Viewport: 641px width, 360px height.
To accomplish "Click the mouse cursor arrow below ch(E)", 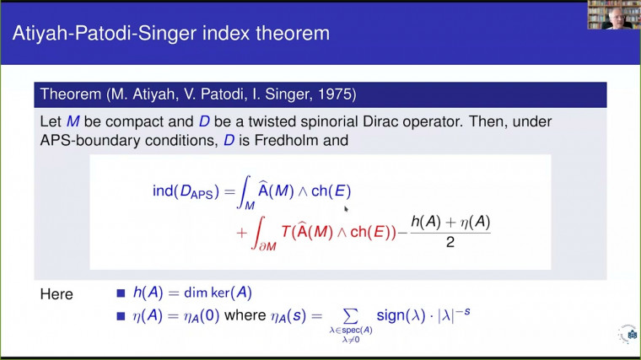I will coord(346,207).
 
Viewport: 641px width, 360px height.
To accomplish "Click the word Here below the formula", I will coord(57,294).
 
